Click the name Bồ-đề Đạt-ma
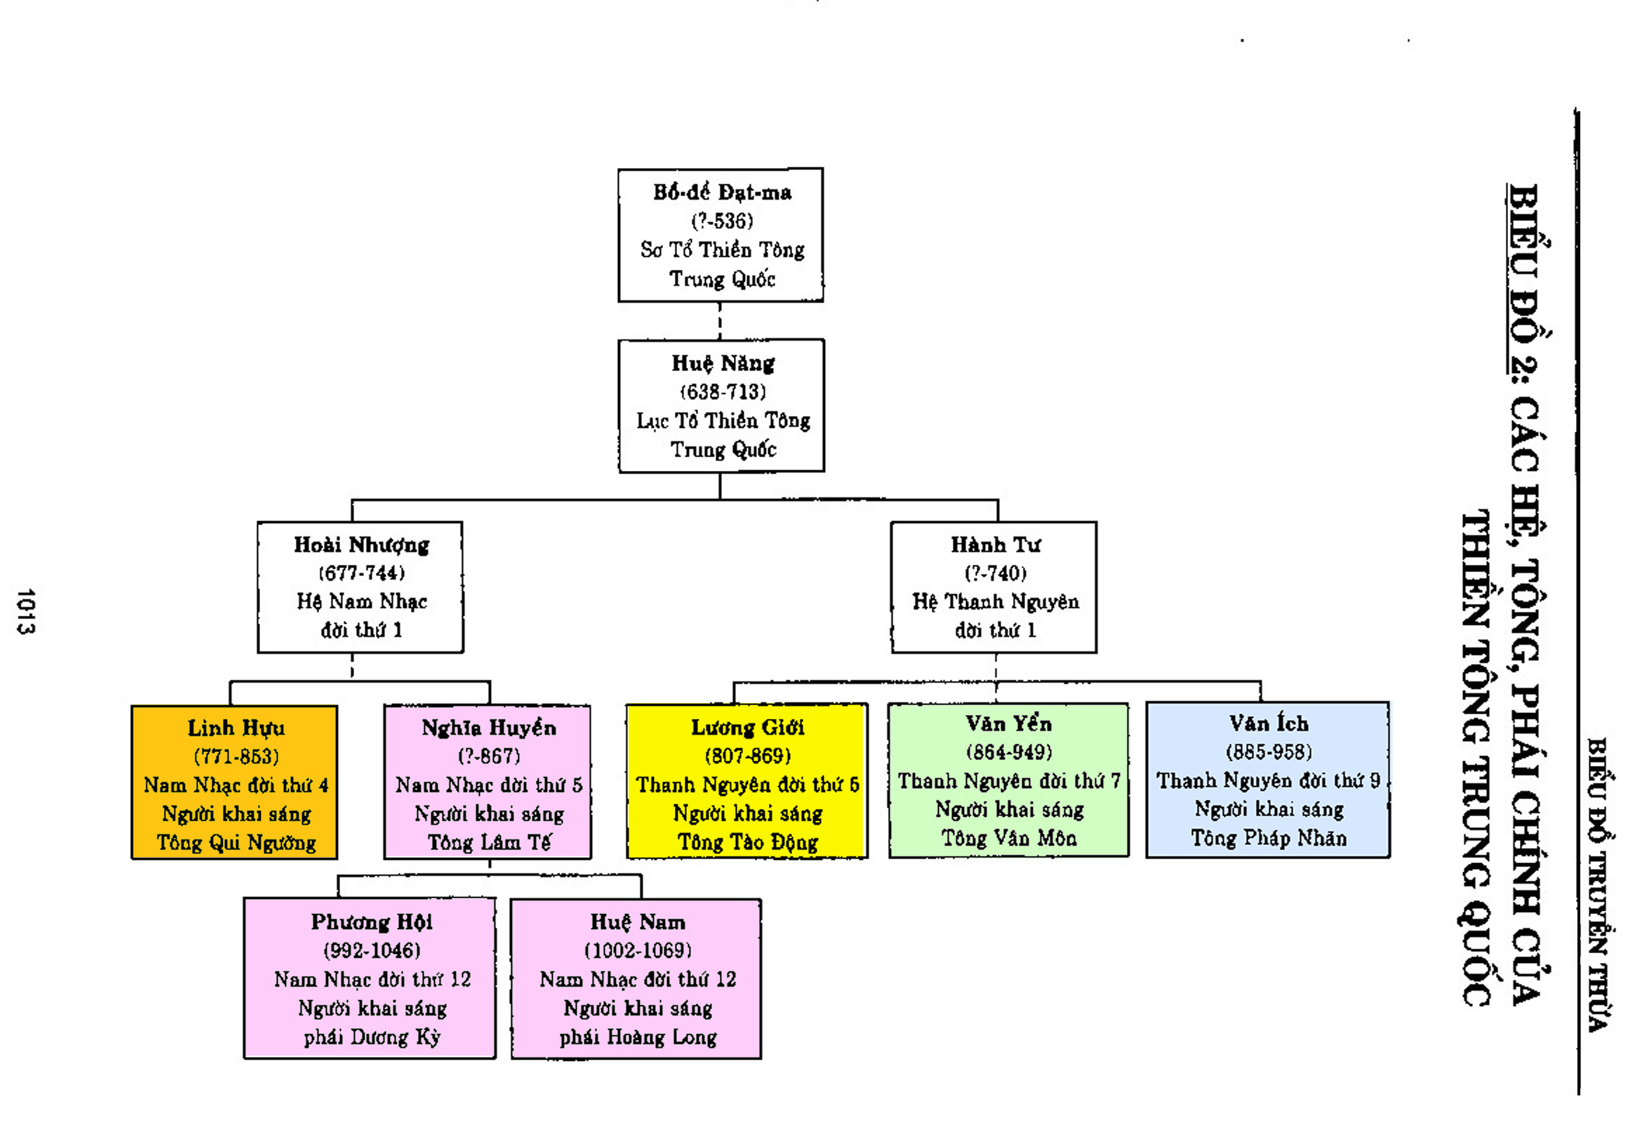point(721,192)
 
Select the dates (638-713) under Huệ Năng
point(723,392)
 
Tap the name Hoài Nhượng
point(361,544)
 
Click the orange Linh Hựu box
point(234,782)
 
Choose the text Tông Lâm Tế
point(488,842)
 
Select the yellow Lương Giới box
point(746,781)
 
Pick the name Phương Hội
point(371,921)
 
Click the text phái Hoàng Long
point(638,1037)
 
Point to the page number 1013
point(26,611)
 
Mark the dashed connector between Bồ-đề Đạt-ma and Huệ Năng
point(720,321)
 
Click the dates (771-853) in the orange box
point(236,756)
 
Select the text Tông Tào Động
point(747,842)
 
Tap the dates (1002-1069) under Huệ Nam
point(638,950)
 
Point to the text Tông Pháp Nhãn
point(1268,838)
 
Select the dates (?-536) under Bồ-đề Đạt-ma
point(721,221)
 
